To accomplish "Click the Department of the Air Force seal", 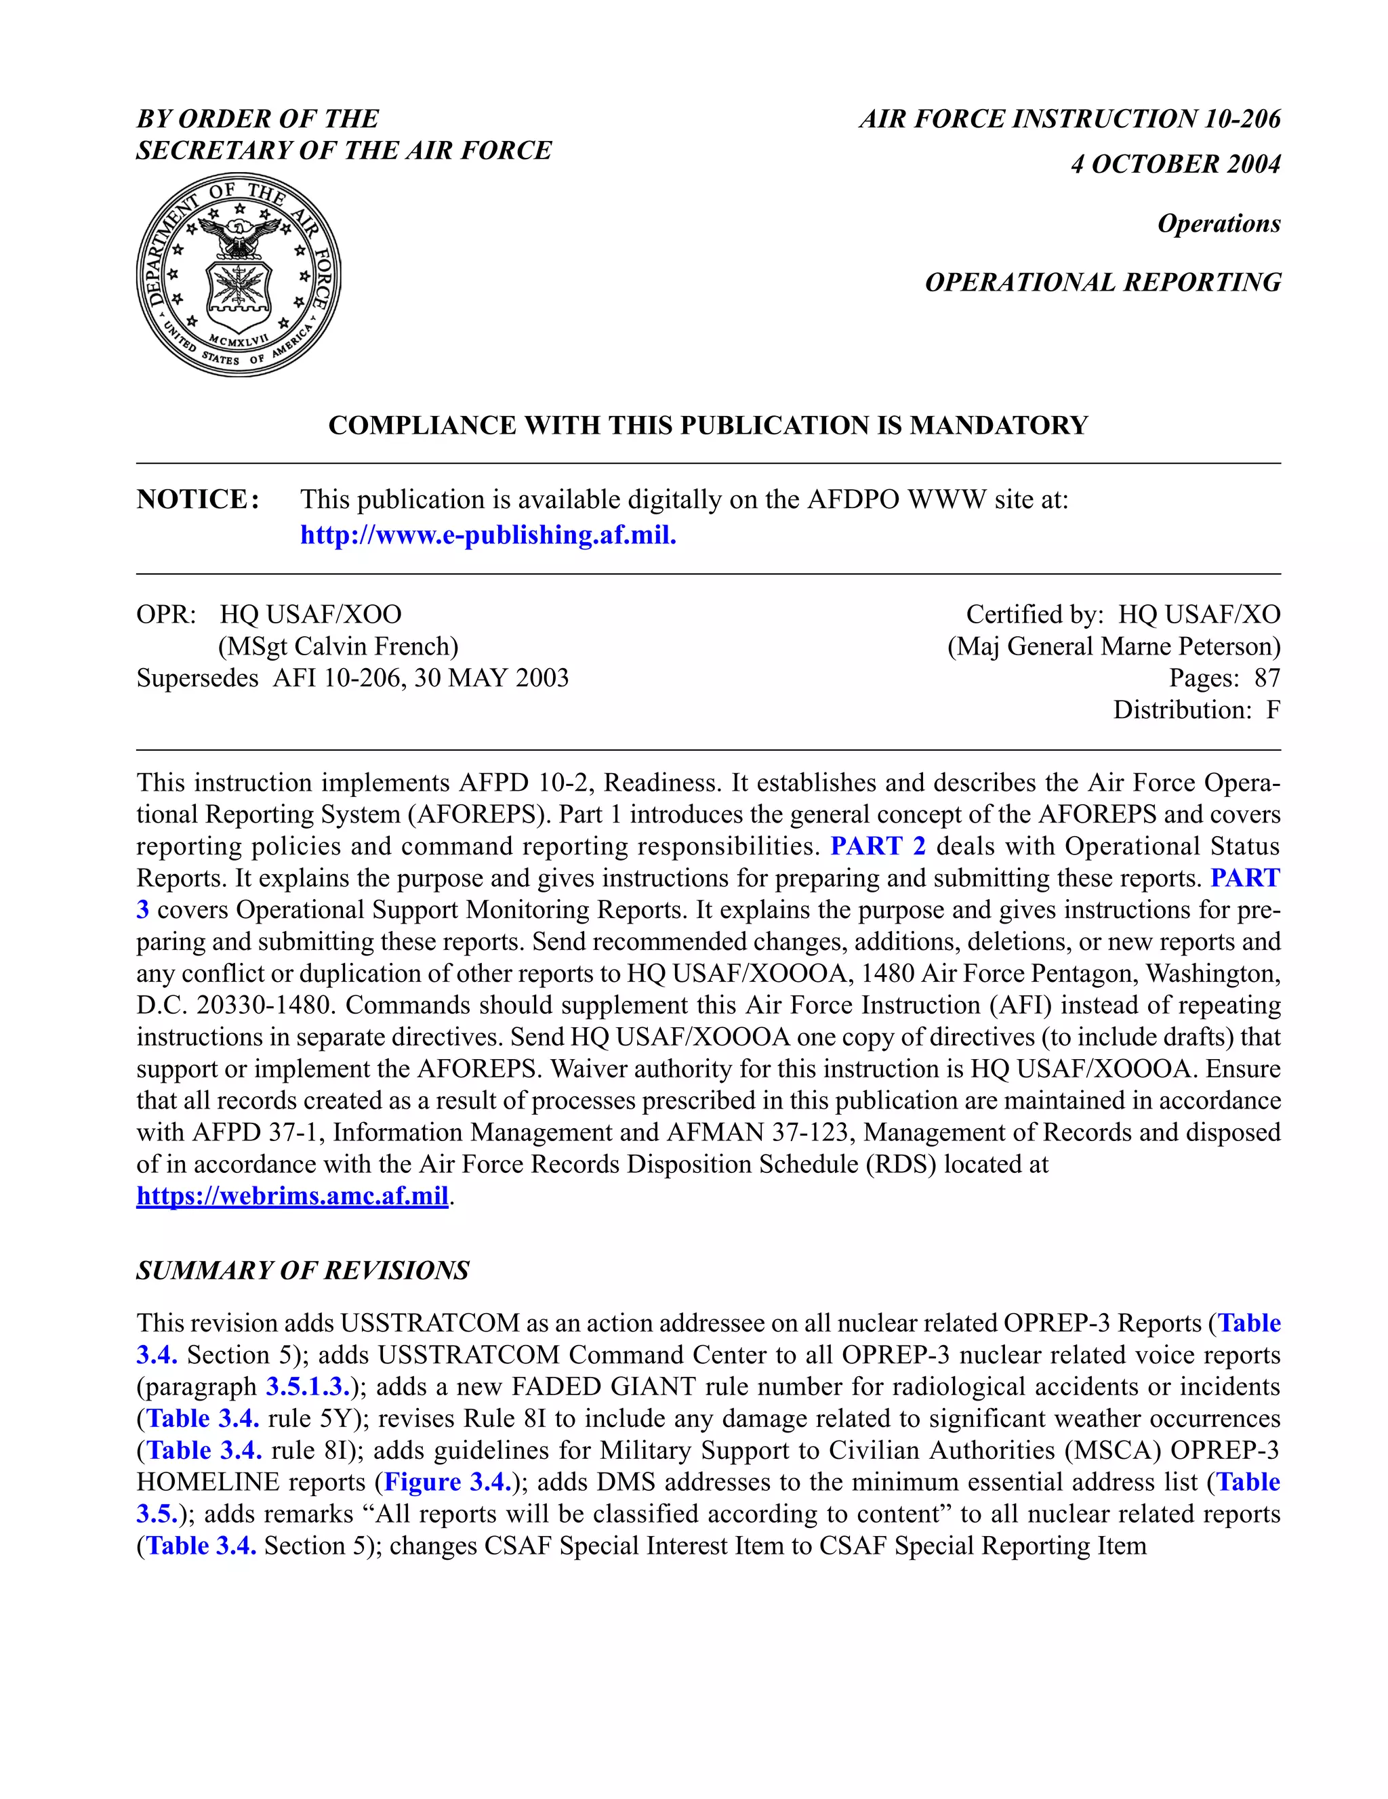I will (x=238, y=274).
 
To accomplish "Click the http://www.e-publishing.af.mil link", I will (x=488, y=535).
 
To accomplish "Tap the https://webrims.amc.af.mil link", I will (x=291, y=1195).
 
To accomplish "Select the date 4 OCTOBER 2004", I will (x=1175, y=164).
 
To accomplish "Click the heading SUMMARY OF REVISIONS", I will (x=302, y=1270).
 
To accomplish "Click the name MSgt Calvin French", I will (x=338, y=646).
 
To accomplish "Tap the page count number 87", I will (x=1267, y=678).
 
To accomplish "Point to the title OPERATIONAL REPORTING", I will (x=1102, y=282).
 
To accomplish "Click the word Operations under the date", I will (x=1219, y=223).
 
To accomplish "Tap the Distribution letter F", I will (x=1273, y=710).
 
